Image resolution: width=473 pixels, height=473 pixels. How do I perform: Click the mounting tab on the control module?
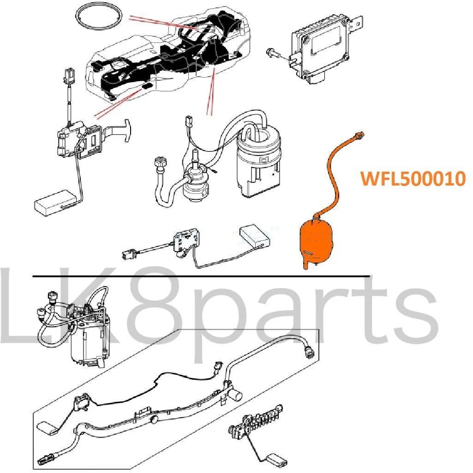coord(357,24)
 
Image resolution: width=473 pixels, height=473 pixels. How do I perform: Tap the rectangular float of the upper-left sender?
coord(55,203)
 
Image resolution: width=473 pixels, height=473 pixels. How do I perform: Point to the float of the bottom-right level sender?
coord(276,460)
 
